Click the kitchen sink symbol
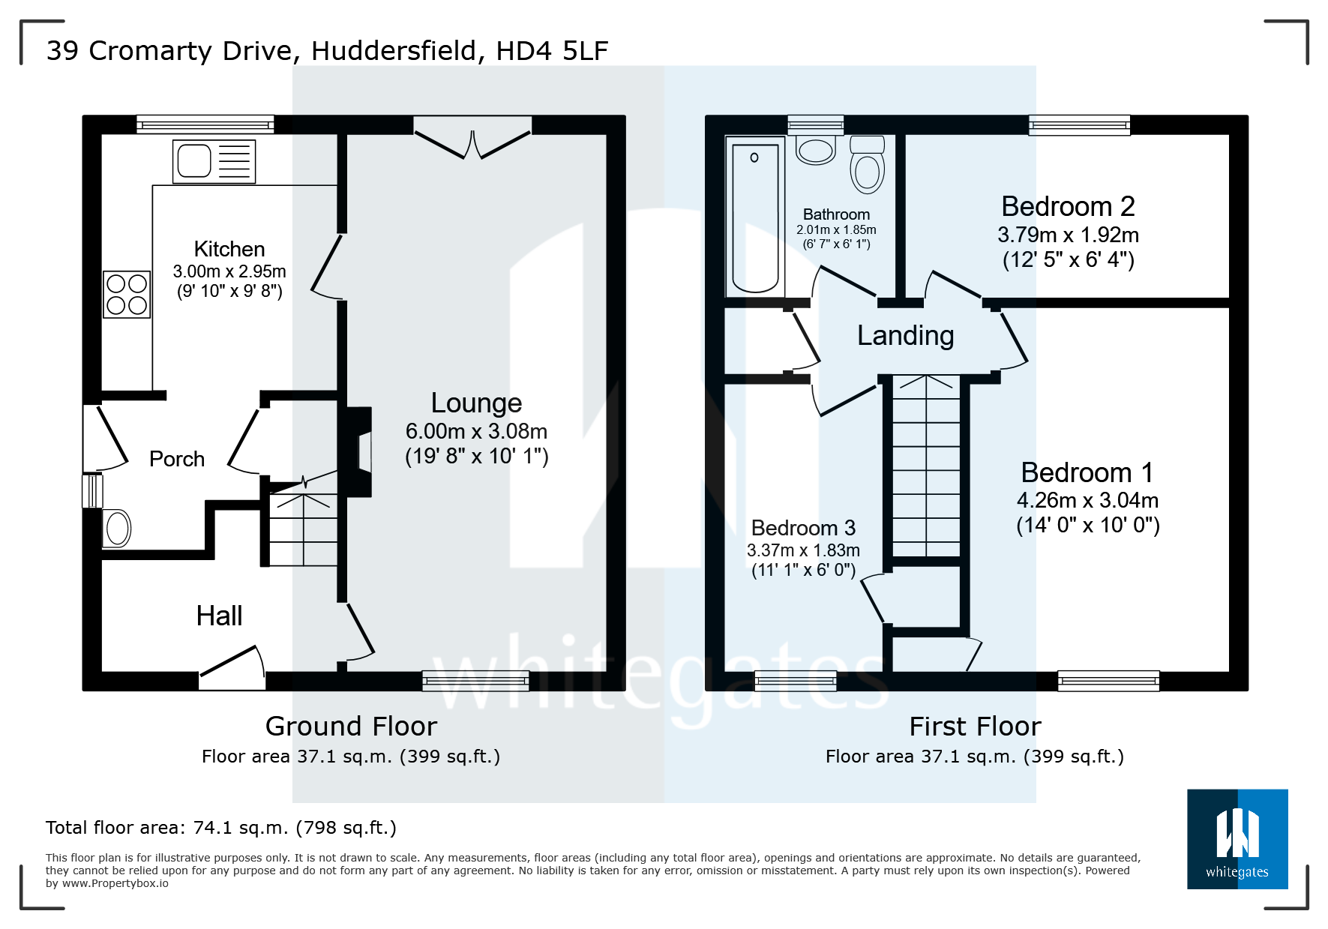click(214, 161)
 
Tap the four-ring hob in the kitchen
click(127, 294)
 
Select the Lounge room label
click(476, 403)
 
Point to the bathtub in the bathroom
click(754, 216)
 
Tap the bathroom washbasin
click(816, 149)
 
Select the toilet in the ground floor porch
click(116, 528)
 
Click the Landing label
click(905, 336)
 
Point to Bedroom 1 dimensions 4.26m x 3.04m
click(1087, 500)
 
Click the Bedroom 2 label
click(1068, 206)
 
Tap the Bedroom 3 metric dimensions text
click(803, 550)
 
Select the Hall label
click(219, 616)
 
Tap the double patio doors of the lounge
click(472, 142)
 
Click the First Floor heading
click(975, 727)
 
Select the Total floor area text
click(220, 828)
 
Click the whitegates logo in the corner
click(1237, 839)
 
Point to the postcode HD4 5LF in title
click(552, 51)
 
